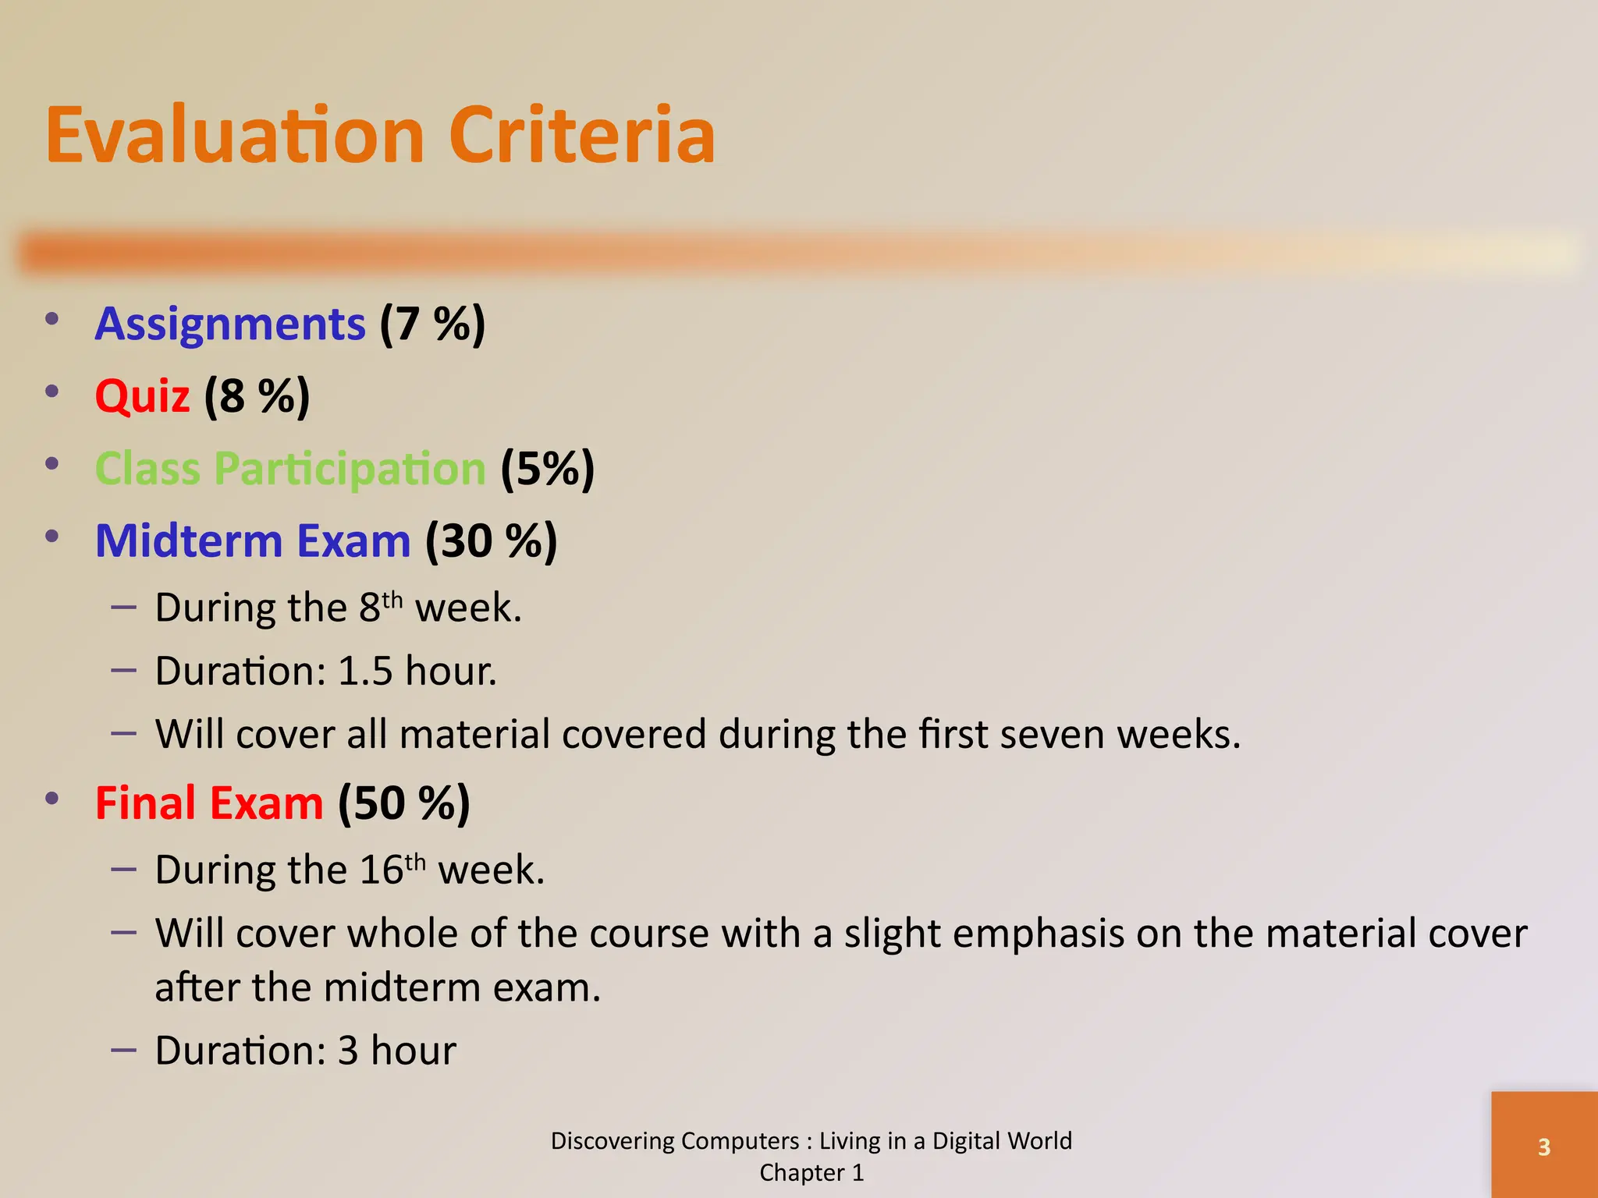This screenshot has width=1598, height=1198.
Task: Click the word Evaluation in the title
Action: (x=234, y=136)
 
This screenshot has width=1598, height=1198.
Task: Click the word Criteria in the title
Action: (x=581, y=136)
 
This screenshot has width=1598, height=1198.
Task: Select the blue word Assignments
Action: (x=230, y=324)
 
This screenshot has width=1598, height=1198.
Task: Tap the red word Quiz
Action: (x=142, y=395)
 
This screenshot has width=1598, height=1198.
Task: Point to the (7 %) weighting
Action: (x=432, y=324)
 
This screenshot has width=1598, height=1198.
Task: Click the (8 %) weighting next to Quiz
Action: (x=257, y=395)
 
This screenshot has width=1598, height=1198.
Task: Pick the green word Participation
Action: (x=350, y=469)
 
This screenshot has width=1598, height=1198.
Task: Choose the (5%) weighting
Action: (x=547, y=469)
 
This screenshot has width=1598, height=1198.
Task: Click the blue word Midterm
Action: (x=188, y=541)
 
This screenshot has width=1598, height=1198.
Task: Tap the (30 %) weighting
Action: (x=492, y=541)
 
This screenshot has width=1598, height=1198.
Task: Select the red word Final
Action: (x=144, y=803)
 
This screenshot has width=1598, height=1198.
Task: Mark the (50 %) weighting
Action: (x=404, y=803)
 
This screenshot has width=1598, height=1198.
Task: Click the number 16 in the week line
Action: (x=382, y=870)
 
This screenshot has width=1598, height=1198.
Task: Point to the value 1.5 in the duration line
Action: (x=364, y=671)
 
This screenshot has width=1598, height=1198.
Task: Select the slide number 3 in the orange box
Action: (x=1543, y=1147)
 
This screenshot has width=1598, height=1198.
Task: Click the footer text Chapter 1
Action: (x=811, y=1173)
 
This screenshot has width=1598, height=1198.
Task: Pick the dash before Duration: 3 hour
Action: (x=124, y=1050)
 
